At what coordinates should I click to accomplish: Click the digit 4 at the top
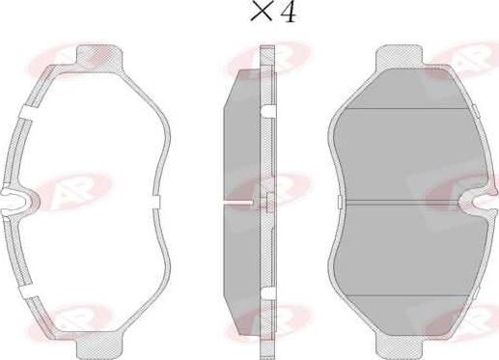point(288,13)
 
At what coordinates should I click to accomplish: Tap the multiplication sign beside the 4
point(260,13)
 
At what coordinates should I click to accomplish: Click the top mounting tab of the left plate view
point(99,55)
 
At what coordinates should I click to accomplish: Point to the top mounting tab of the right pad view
point(399,56)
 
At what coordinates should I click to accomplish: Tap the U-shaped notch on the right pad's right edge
point(480,201)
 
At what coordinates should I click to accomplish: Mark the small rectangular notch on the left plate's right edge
point(156,201)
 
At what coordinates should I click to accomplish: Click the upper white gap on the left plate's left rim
point(27,112)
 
